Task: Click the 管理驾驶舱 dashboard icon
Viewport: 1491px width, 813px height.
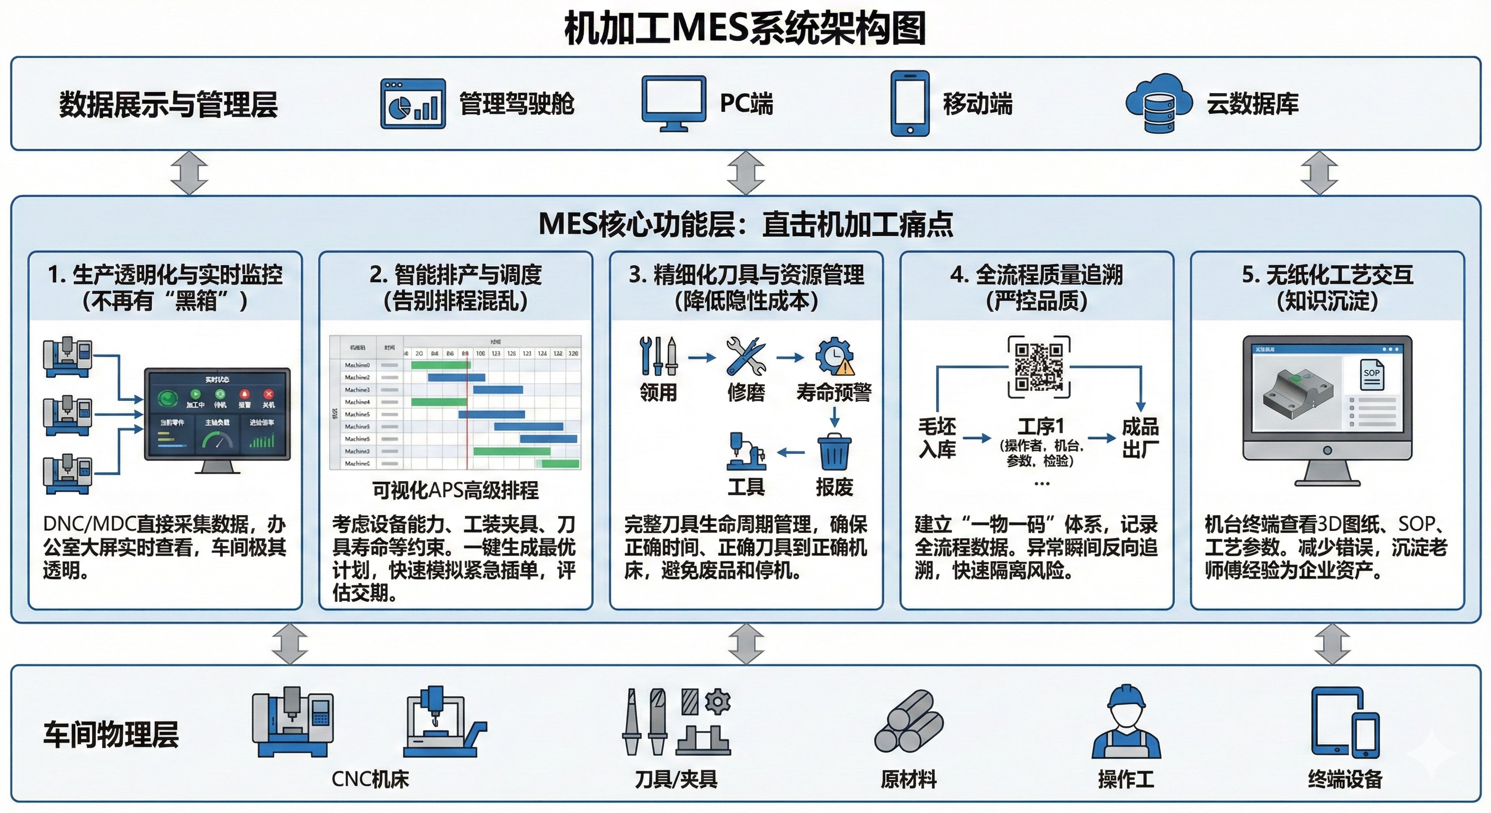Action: [412, 104]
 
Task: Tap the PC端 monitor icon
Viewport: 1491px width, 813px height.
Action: [673, 103]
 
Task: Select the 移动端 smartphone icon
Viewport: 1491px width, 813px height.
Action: [909, 104]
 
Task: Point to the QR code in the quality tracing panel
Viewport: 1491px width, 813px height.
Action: [1038, 367]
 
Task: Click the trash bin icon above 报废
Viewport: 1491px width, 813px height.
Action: [834, 452]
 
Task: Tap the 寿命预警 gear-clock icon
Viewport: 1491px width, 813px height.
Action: [834, 356]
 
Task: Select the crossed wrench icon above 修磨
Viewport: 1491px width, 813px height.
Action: [745, 356]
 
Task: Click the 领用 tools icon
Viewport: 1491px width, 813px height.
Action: [658, 356]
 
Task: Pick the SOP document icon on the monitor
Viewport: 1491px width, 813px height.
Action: [1372, 374]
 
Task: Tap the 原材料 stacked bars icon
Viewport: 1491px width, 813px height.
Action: [908, 722]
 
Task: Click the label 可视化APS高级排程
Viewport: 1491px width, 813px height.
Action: [455, 490]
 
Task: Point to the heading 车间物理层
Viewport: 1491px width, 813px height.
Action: [111, 734]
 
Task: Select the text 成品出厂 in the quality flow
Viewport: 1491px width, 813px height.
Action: [1140, 438]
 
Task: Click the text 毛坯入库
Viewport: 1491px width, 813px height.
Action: [937, 438]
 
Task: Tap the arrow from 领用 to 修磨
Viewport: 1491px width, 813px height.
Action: [702, 358]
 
